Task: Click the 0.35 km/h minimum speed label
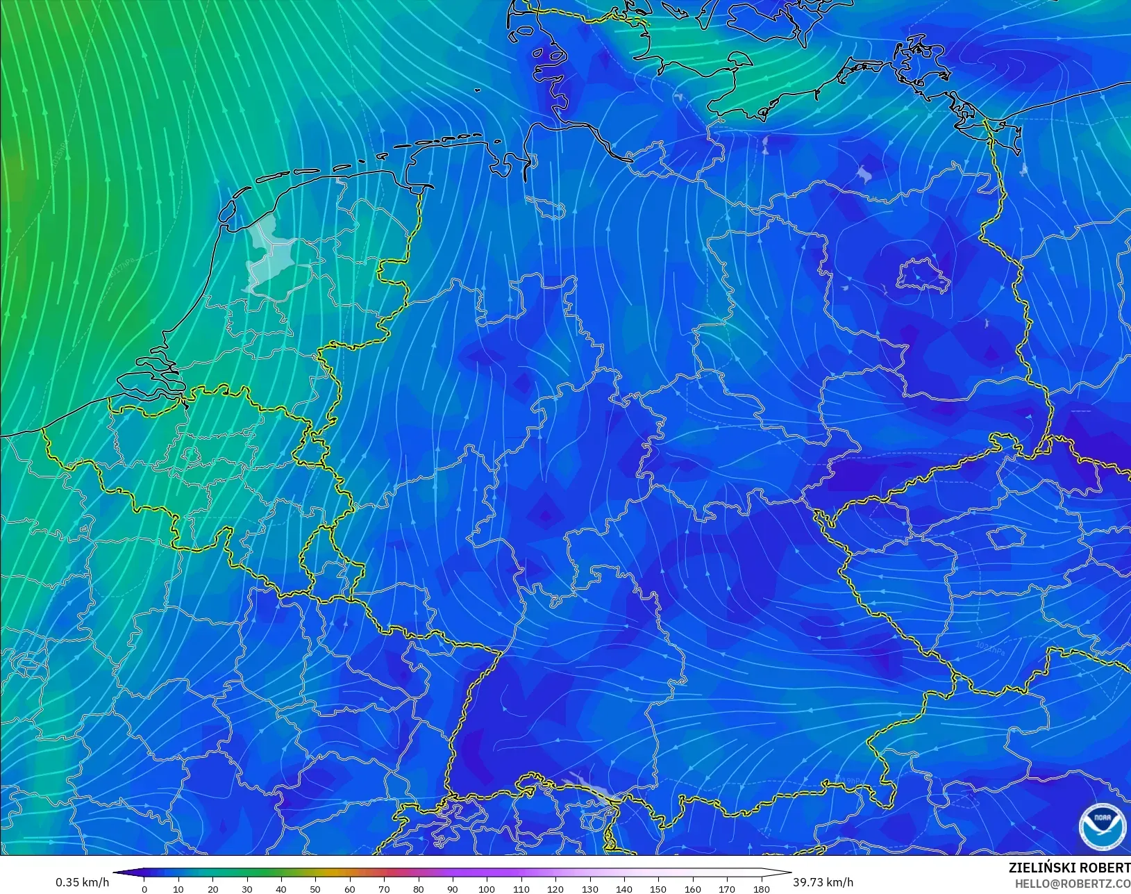82,882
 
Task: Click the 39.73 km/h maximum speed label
823,882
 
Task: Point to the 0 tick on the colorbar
144,889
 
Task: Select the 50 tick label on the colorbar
315,889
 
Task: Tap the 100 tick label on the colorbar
487,889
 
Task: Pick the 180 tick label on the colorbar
761,889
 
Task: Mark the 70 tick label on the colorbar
384,889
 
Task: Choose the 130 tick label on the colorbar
589,889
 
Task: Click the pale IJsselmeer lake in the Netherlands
268,254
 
